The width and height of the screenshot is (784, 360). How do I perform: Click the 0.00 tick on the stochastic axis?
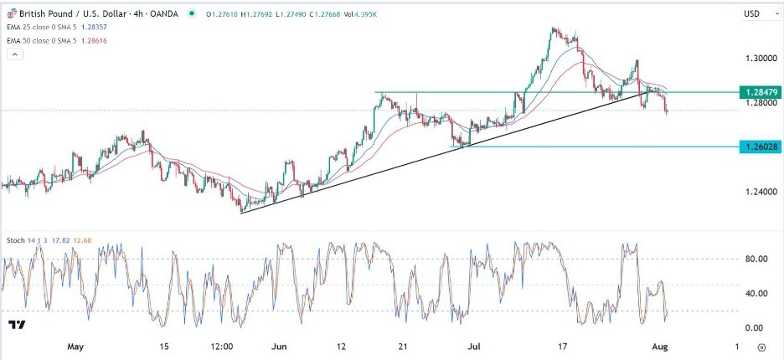coord(756,327)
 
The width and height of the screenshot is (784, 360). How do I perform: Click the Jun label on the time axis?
coord(280,346)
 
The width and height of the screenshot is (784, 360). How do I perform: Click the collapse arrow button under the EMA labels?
coord(14,54)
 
